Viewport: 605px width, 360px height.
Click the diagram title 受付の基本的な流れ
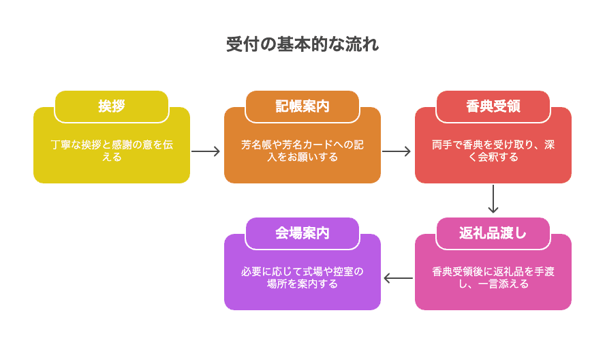(302, 45)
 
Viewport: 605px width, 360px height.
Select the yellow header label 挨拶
(112, 106)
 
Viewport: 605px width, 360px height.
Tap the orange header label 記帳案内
(302, 106)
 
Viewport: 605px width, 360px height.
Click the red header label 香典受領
(493, 106)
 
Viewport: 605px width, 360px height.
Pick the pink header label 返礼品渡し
(493, 233)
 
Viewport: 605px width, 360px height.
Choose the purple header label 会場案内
(302, 233)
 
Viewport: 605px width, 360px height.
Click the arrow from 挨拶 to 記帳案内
(206, 151)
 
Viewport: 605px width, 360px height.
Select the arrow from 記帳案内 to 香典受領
(397, 151)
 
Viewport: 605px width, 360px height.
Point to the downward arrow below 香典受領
(493, 200)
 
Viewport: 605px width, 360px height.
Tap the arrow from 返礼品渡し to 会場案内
(398, 278)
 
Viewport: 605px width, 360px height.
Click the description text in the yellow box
(112, 151)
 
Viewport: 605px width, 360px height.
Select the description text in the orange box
(302, 151)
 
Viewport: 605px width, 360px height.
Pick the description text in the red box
(493, 151)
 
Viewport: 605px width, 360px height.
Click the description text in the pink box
(493, 277)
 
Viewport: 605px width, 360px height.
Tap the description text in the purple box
(302, 277)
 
